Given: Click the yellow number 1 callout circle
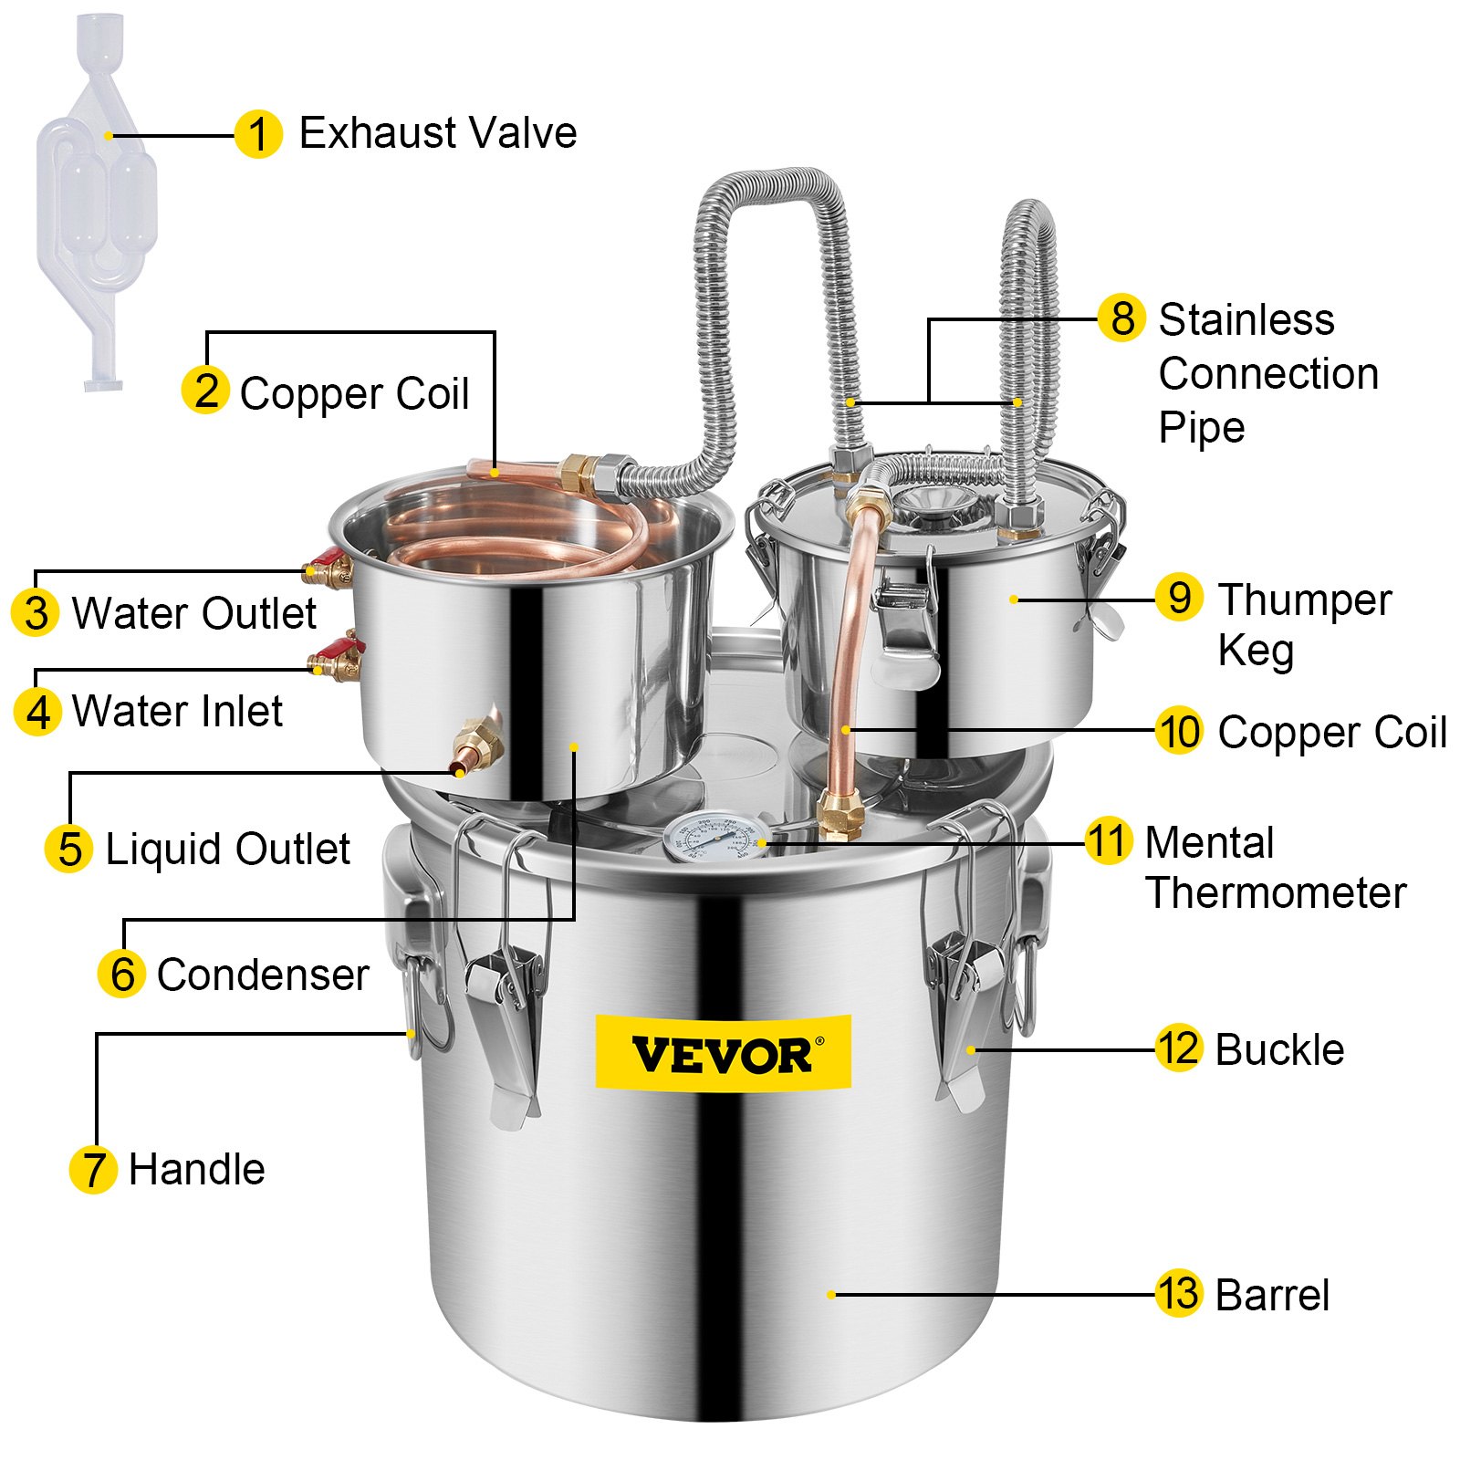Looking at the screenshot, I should point(257,135).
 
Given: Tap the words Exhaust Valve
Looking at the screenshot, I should point(438,133).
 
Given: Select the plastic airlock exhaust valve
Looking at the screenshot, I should point(97,201).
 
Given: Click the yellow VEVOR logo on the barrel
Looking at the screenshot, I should point(723,1052).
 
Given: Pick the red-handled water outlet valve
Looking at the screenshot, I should point(329,568).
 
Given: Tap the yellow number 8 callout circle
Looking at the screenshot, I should point(1121,318).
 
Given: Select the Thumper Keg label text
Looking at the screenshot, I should point(1304,625).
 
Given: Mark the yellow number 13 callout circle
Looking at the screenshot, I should point(1178,1293).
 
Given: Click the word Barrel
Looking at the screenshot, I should point(1272,1295).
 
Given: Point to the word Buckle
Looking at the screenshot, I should point(1279,1050).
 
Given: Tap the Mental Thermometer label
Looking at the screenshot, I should point(1275,867).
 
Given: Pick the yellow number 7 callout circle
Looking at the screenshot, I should point(93,1169).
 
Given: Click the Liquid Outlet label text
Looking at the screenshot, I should point(227,849).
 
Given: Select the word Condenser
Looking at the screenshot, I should point(263,975).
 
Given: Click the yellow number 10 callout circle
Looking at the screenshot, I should point(1178,731).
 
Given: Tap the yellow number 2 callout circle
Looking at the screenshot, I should point(205,391).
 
